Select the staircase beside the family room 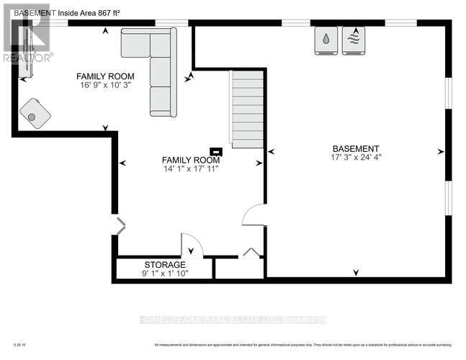[x=246, y=109]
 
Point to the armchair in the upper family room [x=35, y=114]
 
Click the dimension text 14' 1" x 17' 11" [x=190, y=169]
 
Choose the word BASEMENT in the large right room [x=355, y=149]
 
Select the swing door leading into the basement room [x=254, y=215]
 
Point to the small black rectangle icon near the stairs [x=216, y=151]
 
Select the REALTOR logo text [x=27, y=58]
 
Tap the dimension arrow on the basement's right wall [x=439, y=151]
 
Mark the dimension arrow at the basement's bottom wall [x=355, y=272]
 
